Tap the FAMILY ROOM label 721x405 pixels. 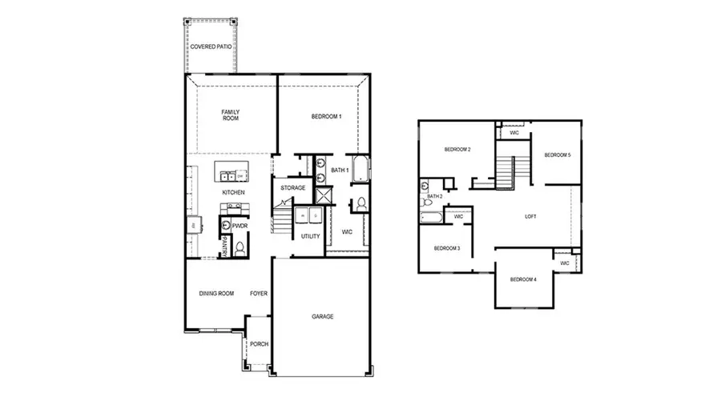point(231,114)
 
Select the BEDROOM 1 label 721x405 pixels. point(326,117)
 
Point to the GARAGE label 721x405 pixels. point(323,317)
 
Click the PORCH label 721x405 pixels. point(259,344)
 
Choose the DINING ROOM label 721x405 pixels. point(216,294)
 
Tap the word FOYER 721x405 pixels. point(258,294)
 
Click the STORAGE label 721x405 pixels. point(292,187)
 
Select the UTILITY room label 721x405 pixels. point(310,236)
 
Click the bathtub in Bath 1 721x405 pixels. point(360,170)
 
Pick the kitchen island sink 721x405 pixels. point(230,174)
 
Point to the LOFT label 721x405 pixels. point(530,216)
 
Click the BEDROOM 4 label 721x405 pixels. point(523,279)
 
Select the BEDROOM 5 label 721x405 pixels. point(558,154)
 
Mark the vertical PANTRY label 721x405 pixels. point(226,247)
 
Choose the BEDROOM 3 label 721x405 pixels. point(446,248)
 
